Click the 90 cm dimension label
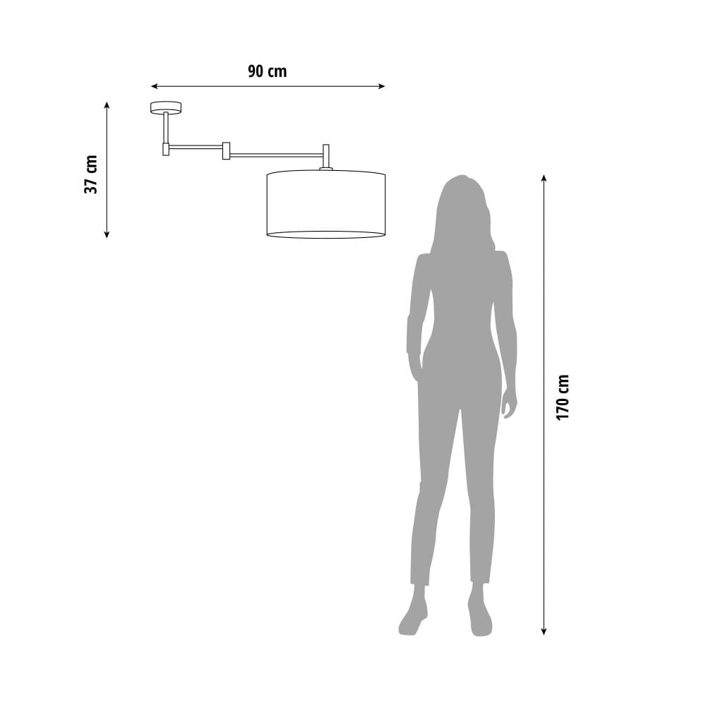[x=267, y=71]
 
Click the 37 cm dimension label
[x=91, y=174]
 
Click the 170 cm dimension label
[x=563, y=397]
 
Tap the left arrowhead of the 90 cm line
[x=154, y=86]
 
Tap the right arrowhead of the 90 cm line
[x=382, y=86]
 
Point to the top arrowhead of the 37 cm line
[x=107, y=105]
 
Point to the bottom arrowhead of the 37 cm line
[x=107, y=234]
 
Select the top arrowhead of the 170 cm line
[x=544, y=178]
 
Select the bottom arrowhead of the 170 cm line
[x=544, y=631]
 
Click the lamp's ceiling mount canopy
[x=166, y=107]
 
